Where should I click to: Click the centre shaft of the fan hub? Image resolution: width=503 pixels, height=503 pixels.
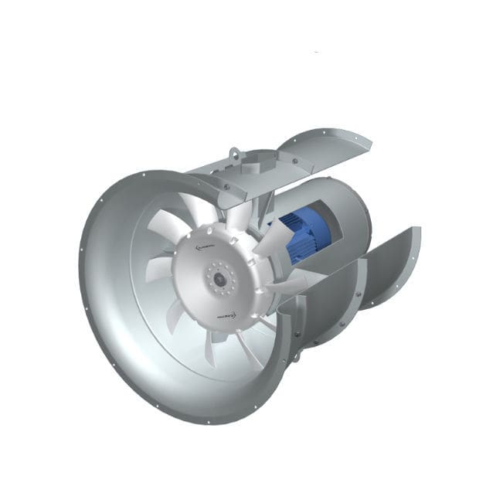[219, 277]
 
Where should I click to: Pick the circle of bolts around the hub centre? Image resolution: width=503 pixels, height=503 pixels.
[219, 277]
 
